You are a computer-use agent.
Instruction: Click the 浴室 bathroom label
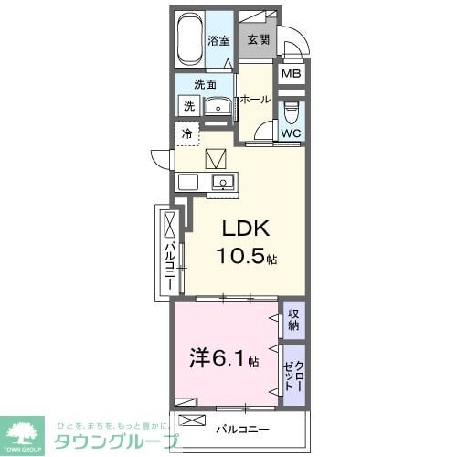[x=218, y=40]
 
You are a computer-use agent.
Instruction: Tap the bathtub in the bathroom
[x=189, y=40]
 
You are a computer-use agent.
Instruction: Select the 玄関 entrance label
[x=257, y=40]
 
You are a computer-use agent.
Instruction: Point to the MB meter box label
[x=291, y=75]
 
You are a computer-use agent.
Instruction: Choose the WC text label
[x=291, y=133]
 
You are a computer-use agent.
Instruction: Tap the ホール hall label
[x=255, y=99]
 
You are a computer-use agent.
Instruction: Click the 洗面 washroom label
[x=205, y=84]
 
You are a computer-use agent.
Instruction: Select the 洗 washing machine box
[x=188, y=106]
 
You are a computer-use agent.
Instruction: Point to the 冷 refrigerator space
[x=187, y=133]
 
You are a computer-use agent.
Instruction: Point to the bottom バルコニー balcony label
[x=242, y=427]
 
